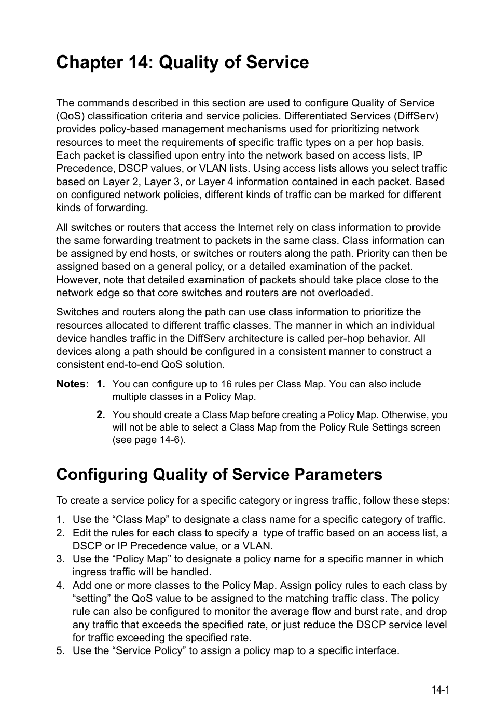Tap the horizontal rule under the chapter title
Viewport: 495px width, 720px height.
click(253, 80)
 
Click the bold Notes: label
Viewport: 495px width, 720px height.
click(73, 384)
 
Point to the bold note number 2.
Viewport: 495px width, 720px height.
click(101, 415)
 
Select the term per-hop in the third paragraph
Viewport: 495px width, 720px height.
click(355, 339)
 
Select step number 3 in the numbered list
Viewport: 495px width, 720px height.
click(60, 559)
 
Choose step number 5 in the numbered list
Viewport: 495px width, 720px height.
click(60, 651)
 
